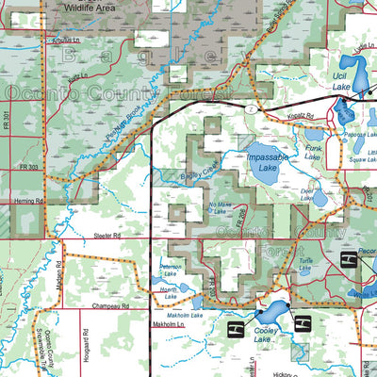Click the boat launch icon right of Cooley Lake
tap(303, 323)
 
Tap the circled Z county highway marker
tap(252, 110)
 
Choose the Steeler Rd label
tap(109, 238)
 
